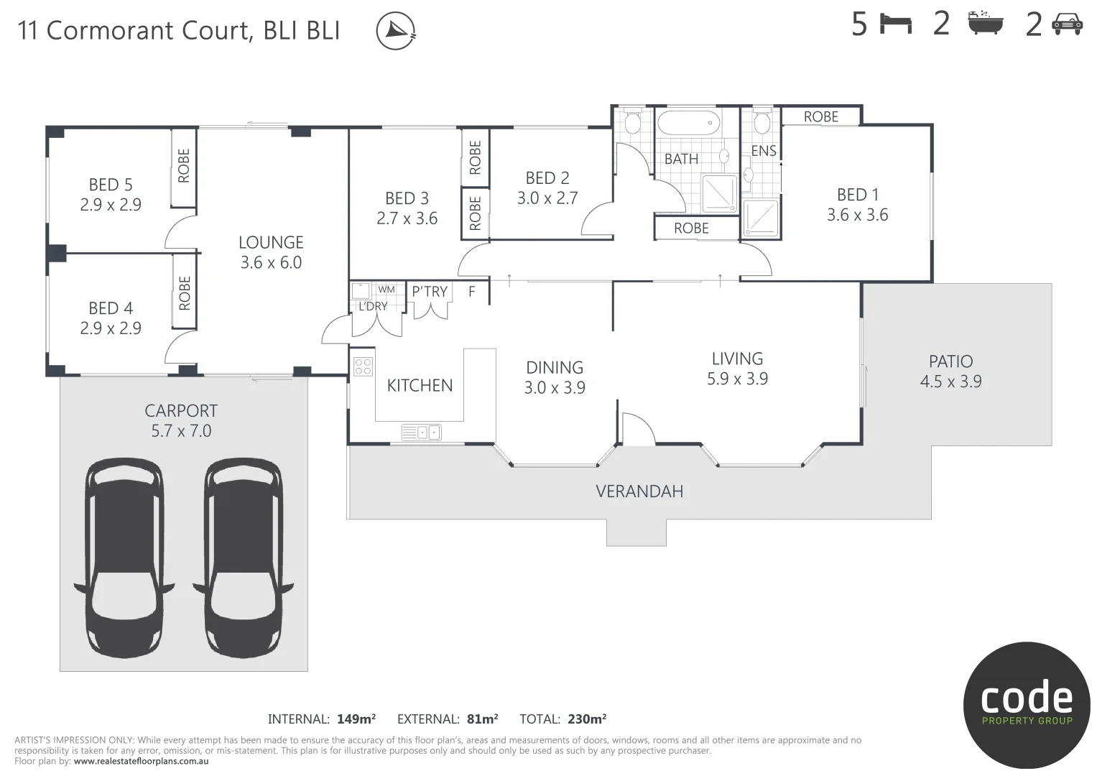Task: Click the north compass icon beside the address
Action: click(x=396, y=31)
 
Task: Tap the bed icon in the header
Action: click(x=896, y=24)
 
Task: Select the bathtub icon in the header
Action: click(x=986, y=23)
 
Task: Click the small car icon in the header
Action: click(x=1068, y=24)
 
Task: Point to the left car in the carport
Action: click(x=124, y=558)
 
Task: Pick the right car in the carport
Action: click(x=244, y=558)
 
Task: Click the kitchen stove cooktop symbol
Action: click(x=363, y=366)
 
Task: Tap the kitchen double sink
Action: click(x=421, y=432)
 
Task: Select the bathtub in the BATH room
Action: click(x=688, y=122)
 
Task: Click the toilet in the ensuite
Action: click(x=762, y=121)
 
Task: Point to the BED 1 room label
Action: click(x=858, y=195)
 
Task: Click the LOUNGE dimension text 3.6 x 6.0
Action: click(x=271, y=262)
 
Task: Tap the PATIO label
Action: click(x=950, y=361)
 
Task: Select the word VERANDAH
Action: click(x=639, y=491)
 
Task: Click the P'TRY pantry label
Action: click(x=430, y=292)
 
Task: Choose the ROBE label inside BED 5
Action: click(x=184, y=165)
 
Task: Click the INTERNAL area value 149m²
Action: click(x=356, y=719)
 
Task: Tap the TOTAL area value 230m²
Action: click(x=587, y=719)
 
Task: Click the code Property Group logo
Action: click(x=1027, y=705)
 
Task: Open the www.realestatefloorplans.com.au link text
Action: click(x=141, y=762)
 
